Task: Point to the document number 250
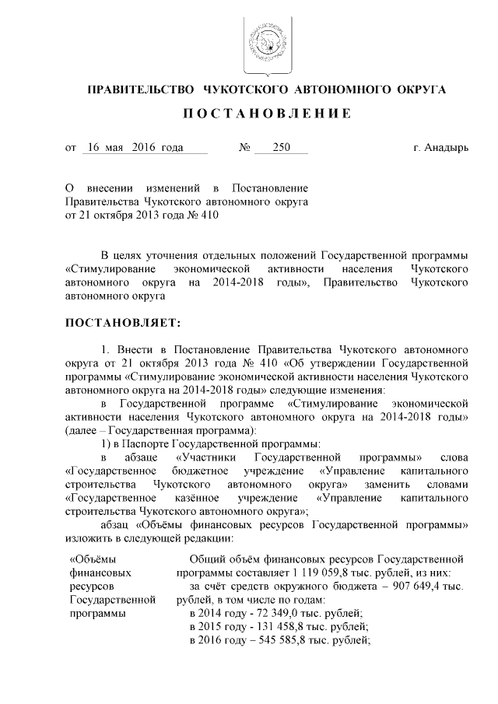(271, 147)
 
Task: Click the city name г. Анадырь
(441, 148)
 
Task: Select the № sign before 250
(244, 148)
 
